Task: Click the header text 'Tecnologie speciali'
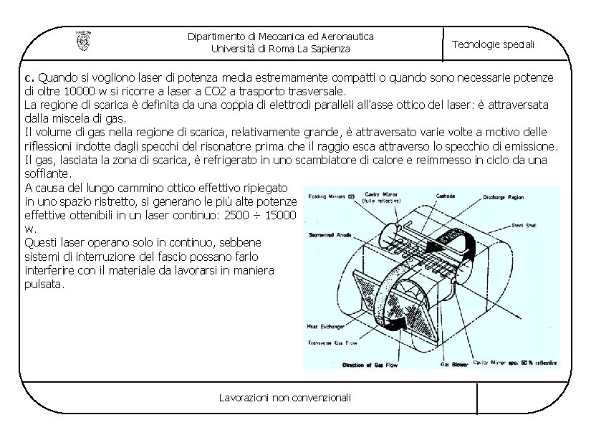tap(493, 44)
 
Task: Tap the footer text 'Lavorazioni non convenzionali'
tap(285, 397)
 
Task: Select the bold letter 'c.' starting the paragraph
tap(29, 77)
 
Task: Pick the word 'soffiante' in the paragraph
tap(47, 173)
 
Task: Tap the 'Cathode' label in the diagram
tap(446, 195)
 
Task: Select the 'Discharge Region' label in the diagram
tap(508, 196)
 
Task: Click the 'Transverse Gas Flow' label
tap(332, 343)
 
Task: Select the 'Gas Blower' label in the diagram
tap(454, 365)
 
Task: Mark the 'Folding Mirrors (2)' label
tap(332, 196)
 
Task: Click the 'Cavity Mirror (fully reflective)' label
tap(382, 198)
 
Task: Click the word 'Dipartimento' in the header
tap(214, 36)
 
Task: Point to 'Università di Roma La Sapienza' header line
tap(281, 49)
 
